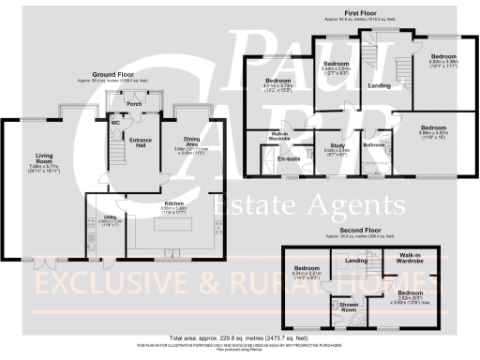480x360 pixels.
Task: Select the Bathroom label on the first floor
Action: (x=376, y=145)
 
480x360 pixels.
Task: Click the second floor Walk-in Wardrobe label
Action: (x=413, y=258)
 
